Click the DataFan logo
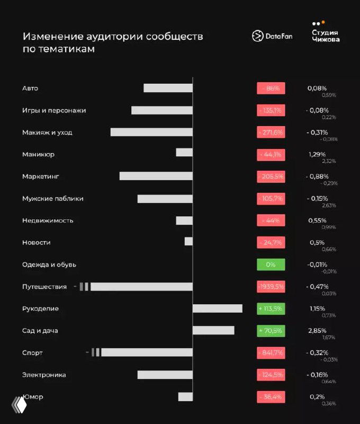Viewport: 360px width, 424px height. [272, 36]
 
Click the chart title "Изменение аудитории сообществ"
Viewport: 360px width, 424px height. [113, 37]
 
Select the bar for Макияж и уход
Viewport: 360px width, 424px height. [151, 132]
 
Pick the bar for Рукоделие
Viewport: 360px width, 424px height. [217, 308]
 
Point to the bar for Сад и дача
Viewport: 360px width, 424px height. [213, 330]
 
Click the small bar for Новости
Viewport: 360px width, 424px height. [188, 242]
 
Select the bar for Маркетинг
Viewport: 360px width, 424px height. [156, 176]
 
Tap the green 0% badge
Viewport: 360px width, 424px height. [271, 264]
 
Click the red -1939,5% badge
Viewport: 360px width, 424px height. [271, 286]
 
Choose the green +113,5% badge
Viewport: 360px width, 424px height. [271, 308]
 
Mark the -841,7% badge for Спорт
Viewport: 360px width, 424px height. [271, 352]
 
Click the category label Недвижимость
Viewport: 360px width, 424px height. [48, 220]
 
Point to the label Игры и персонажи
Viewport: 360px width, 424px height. [54, 110]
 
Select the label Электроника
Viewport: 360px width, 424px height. [44, 375]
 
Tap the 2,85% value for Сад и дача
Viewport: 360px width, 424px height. [318, 330]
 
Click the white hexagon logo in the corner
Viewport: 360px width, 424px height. [20, 405]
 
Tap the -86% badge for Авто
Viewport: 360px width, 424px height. [271, 88]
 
